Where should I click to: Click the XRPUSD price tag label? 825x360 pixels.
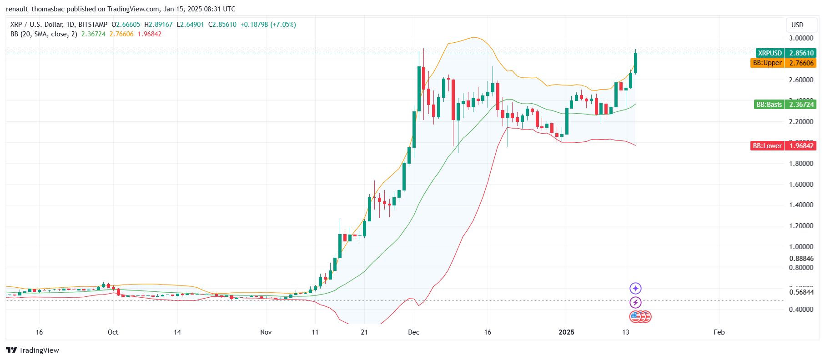pyautogui.click(x=769, y=53)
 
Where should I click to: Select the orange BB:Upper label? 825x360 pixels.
pyautogui.click(x=767, y=63)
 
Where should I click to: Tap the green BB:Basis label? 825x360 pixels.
pyautogui.click(x=769, y=105)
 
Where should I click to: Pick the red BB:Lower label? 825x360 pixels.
pyautogui.click(x=767, y=146)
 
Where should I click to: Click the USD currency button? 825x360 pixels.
pyautogui.click(x=797, y=25)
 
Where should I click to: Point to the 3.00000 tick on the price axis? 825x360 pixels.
pyautogui.click(x=801, y=38)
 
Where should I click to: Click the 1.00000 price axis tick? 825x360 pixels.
pyautogui.click(x=801, y=247)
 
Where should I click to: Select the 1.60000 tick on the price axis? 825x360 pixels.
pyautogui.click(x=801, y=185)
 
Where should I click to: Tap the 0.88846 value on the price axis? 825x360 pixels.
pyautogui.click(x=801, y=259)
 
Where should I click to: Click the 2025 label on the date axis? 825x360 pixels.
pyautogui.click(x=566, y=332)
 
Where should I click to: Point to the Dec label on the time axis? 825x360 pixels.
pyautogui.click(x=414, y=332)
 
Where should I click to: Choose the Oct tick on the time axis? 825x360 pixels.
pyautogui.click(x=113, y=332)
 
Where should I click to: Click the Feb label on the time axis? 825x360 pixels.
pyautogui.click(x=719, y=332)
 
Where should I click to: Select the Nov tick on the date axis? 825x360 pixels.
pyautogui.click(x=266, y=332)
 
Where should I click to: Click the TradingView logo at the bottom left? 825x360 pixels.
pyautogui.click(x=33, y=350)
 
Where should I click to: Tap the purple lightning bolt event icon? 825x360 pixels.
pyautogui.click(x=635, y=302)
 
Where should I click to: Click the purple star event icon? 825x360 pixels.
pyautogui.click(x=635, y=288)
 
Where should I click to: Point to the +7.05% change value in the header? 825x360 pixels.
pyautogui.click(x=283, y=25)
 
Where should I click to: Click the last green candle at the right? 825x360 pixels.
pyautogui.click(x=635, y=63)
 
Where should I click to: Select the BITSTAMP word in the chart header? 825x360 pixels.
pyautogui.click(x=93, y=25)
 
